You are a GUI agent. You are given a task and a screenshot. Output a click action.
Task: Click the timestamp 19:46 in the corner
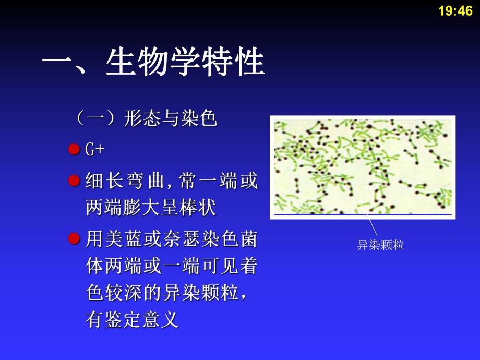(455, 11)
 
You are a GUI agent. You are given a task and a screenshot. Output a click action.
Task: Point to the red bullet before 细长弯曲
(74, 181)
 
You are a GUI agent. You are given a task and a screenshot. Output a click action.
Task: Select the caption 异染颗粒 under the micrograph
(380, 245)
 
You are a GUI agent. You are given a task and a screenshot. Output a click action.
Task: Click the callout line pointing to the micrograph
(372, 225)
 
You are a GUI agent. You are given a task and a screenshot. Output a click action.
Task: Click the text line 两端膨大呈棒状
(150, 209)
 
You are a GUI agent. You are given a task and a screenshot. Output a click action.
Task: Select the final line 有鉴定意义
(132, 319)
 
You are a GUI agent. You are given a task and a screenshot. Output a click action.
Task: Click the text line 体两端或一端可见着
(171, 267)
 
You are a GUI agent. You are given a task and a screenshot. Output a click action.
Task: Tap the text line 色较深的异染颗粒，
(166, 293)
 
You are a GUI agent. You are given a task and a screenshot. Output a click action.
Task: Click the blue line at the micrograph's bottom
(363, 214)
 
